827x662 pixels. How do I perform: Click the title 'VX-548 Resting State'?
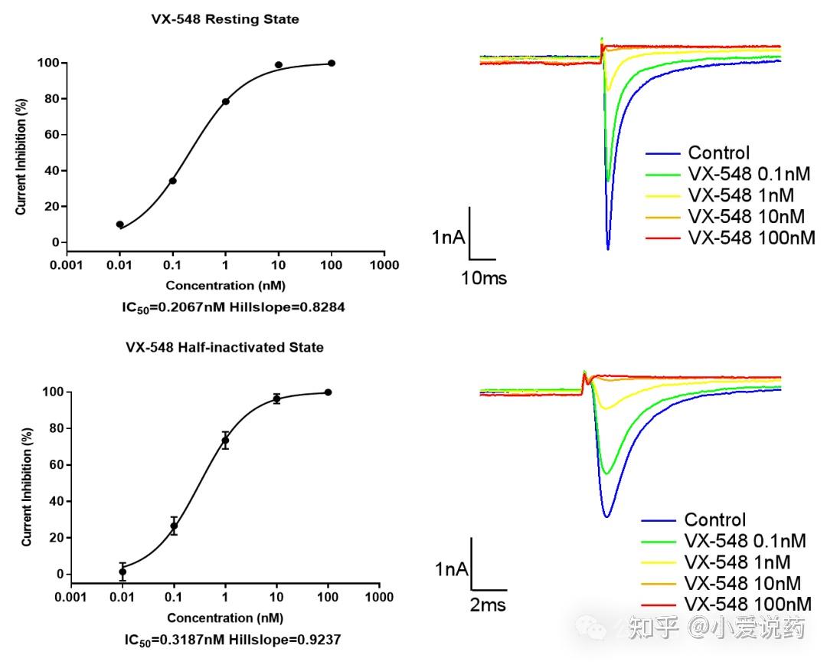(x=224, y=19)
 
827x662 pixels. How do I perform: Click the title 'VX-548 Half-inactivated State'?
(x=224, y=347)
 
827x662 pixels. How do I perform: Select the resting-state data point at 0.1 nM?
(x=173, y=181)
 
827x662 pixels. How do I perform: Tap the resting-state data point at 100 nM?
(x=332, y=63)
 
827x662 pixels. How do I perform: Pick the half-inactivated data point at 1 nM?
(x=225, y=440)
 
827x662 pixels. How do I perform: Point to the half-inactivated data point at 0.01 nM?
(x=123, y=572)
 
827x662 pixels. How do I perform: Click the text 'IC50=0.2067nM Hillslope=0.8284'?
(x=224, y=307)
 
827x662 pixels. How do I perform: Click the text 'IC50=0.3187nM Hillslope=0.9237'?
(x=224, y=639)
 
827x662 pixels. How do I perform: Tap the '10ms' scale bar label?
(x=484, y=277)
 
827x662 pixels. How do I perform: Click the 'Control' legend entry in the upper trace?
(x=718, y=152)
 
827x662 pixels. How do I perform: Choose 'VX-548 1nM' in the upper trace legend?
(x=740, y=195)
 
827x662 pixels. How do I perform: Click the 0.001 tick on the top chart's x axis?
(x=67, y=265)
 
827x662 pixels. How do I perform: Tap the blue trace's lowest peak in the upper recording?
(x=608, y=248)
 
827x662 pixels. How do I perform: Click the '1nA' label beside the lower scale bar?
(x=451, y=569)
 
